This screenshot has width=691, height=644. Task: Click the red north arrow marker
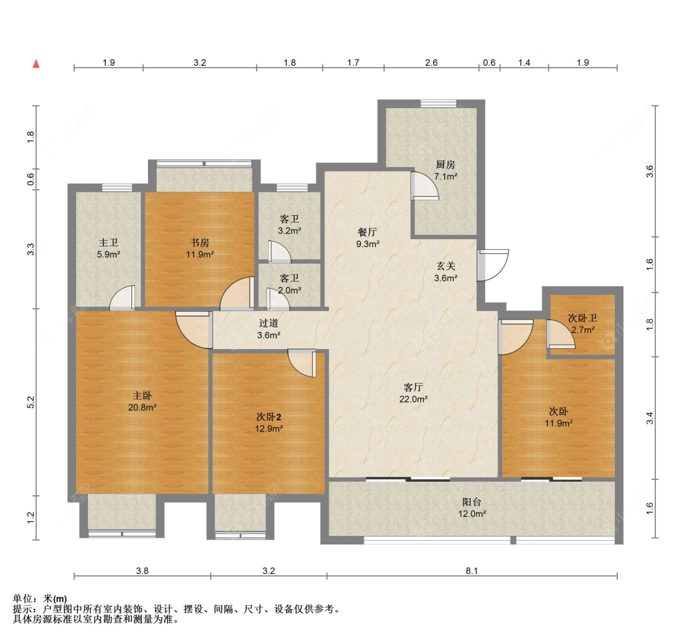[x=36, y=63]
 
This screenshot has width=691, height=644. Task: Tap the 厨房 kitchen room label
[x=445, y=165]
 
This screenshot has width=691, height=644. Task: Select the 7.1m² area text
[x=445, y=176]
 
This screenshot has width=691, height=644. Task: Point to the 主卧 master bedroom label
[x=142, y=395]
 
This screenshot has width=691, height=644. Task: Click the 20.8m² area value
[x=142, y=407]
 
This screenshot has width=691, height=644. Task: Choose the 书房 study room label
[x=200, y=243]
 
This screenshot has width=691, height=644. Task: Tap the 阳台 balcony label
[x=472, y=501]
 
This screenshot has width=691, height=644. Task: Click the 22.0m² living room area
[x=413, y=399]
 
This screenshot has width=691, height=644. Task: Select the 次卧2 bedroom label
[x=269, y=417]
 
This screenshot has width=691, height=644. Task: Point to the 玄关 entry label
[x=445, y=266]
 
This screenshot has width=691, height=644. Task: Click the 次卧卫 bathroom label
[x=583, y=318]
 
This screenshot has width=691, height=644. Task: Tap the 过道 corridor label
[x=268, y=323]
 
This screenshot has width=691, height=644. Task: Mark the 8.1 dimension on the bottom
[x=472, y=571]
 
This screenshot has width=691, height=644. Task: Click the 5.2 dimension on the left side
[x=31, y=402]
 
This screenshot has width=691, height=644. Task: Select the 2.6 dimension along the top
[x=431, y=63]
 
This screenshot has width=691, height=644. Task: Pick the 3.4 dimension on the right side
[x=650, y=418]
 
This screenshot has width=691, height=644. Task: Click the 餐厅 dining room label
[x=367, y=232]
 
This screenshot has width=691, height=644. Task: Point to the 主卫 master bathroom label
[x=108, y=243]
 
